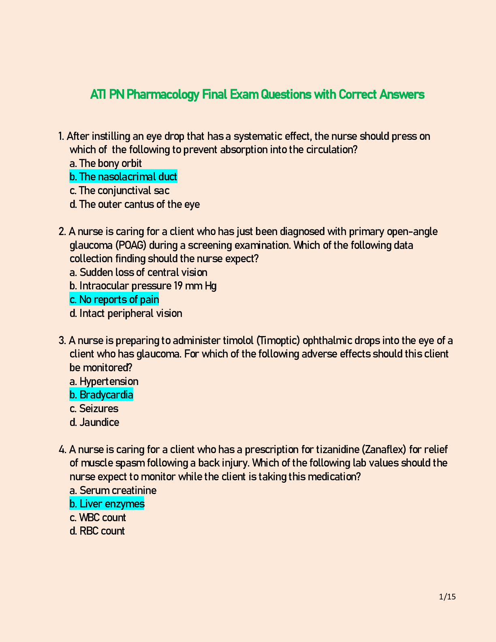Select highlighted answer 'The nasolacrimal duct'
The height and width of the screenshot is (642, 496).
click(x=123, y=177)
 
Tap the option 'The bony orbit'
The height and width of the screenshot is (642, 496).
click(x=106, y=163)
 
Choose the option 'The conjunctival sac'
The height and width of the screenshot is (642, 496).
click(x=120, y=190)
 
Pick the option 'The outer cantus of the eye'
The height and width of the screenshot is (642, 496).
click(x=135, y=204)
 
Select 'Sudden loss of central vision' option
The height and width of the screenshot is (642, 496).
click(x=139, y=272)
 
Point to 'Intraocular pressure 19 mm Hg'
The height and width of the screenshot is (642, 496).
click(x=143, y=286)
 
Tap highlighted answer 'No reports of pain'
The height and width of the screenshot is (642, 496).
click(x=114, y=300)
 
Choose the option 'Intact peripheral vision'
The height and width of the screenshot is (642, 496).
click(x=126, y=313)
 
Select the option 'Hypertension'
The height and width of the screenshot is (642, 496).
click(x=104, y=381)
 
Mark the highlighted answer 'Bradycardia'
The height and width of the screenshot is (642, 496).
click(x=101, y=395)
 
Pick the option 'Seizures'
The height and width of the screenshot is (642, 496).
click(x=94, y=409)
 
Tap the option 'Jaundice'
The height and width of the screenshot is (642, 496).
click(x=94, y=422)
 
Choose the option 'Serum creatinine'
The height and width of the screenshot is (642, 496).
click(x=113, y=490)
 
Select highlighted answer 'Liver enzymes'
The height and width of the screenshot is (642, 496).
click(x=107, y=504)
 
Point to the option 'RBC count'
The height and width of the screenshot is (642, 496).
click(x=97, y=531)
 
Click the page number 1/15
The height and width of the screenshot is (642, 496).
click(x=447, y=597)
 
